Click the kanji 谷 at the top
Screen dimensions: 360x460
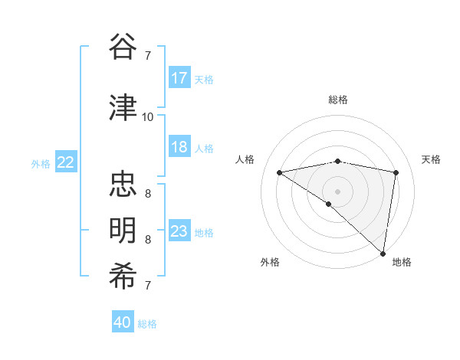point(123,47)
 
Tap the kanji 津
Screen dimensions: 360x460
point(123,107)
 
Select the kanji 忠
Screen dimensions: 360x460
point(123,185)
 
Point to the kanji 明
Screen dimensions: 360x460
point(123,231)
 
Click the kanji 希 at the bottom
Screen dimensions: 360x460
point(123,277)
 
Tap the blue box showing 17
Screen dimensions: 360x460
point(179,78)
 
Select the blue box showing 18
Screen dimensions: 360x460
point(179,147)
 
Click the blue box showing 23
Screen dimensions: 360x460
point(179,231)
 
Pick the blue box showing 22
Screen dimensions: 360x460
point(66,162)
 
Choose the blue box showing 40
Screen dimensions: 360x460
point(123,322)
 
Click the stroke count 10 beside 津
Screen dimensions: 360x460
point(147,117)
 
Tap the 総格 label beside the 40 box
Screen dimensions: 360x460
point(147,324)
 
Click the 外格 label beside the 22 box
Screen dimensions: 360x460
point(41,163)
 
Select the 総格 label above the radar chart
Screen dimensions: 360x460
point(338,100)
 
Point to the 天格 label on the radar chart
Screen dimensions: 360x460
point(432,159)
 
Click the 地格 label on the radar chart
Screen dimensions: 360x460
point(402,262)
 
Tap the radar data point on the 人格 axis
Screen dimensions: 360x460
point(279,172)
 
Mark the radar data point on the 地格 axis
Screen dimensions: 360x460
point(383,252)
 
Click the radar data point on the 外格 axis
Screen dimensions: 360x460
point(329,204)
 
